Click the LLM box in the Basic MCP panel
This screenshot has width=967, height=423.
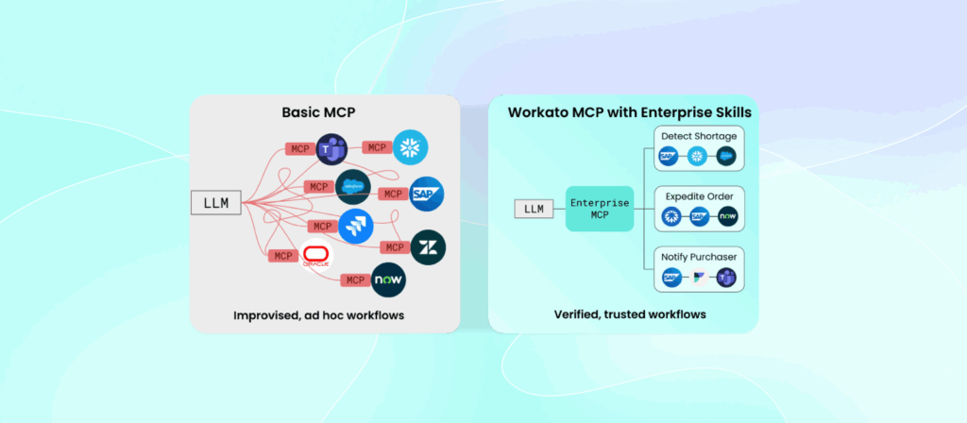click(215, 201)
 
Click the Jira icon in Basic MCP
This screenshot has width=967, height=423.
click(356, 226)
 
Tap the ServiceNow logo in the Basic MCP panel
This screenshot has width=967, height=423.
click(388, 279)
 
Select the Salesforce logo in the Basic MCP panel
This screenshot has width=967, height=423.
click(353, 186)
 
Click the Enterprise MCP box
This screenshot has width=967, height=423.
click(599, 209)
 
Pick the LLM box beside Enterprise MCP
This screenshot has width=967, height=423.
click(534, 209)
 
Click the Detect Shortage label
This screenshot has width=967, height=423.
click(699, 136)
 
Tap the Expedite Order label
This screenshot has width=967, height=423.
click(699, 196)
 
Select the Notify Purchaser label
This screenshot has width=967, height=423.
click(699, 257)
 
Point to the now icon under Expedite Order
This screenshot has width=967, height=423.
click(727, 217)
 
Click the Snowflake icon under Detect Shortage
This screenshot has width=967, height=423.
click(699, 157)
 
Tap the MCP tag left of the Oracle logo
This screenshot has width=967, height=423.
click(282, 256)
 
